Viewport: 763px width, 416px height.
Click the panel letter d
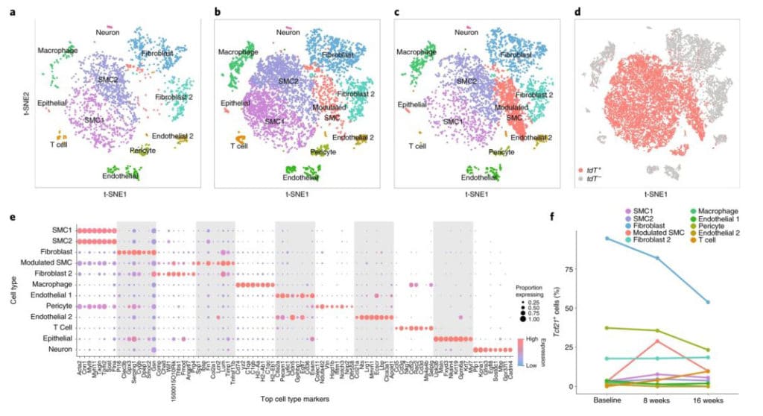(x=577, y=13)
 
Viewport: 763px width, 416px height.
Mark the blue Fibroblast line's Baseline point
(x=608, y=239)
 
